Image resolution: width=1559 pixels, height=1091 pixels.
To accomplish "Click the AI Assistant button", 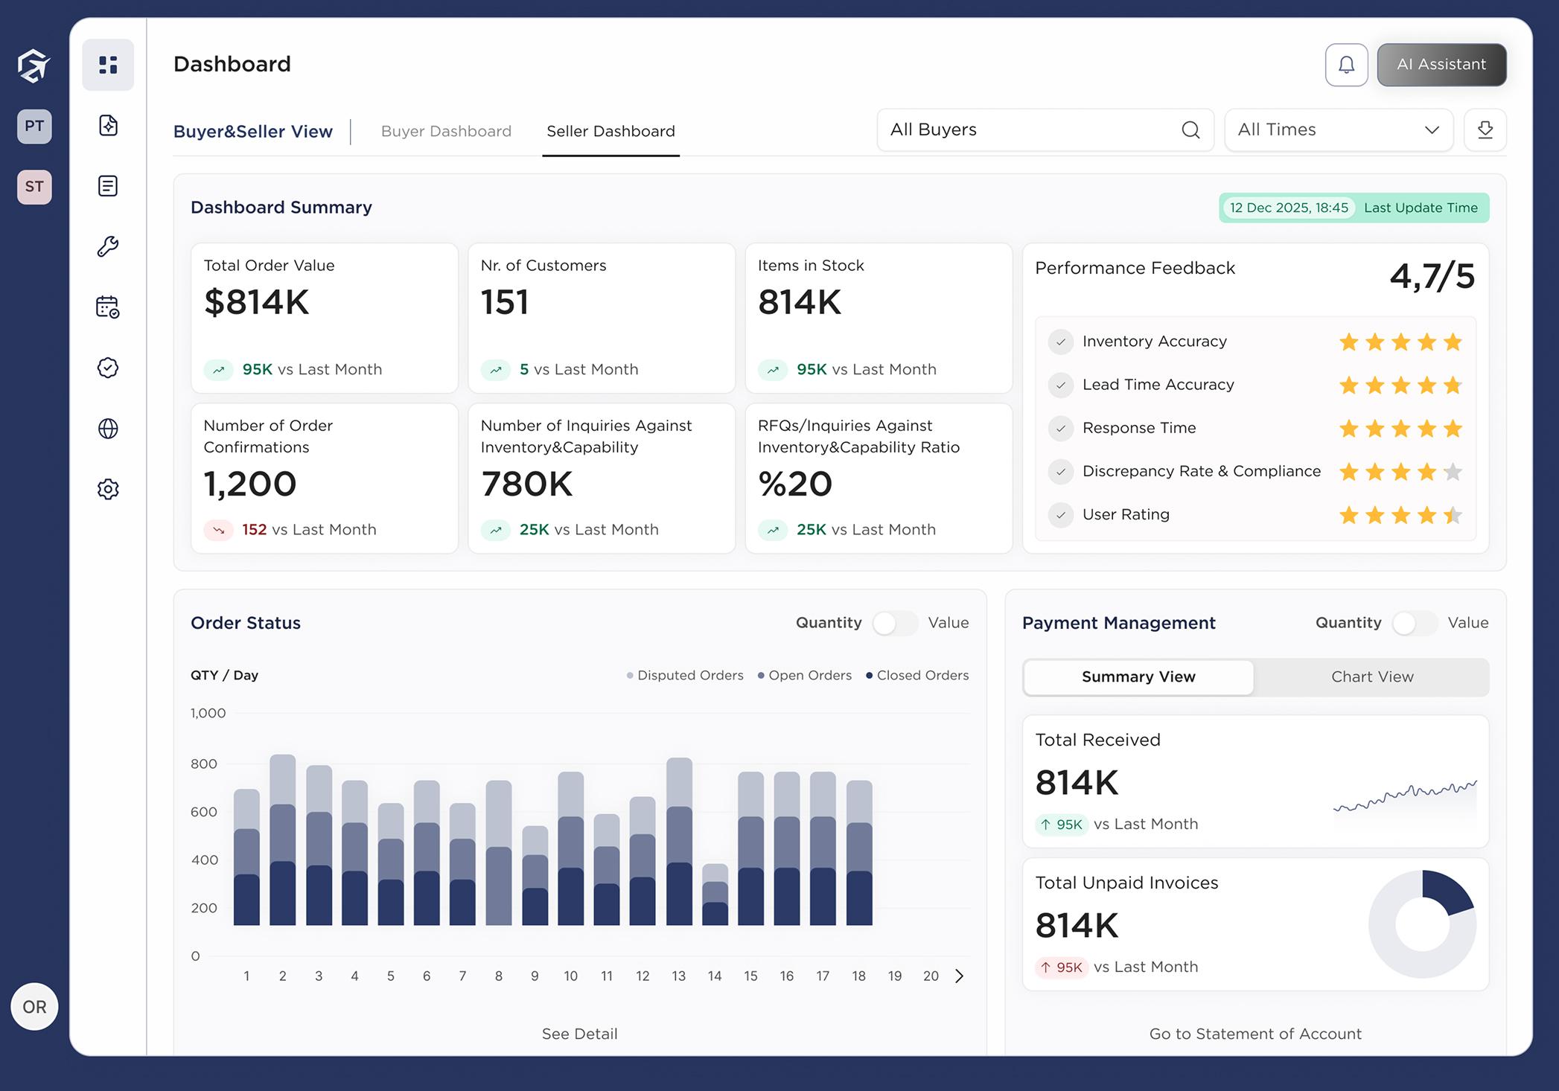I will click(x=1441, y=65).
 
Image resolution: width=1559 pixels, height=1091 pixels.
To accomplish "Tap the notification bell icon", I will click(x=1346, y=65).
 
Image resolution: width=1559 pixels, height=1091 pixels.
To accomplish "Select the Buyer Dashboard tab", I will click(x=446, y=131).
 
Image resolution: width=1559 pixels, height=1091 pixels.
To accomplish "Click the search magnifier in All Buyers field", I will click(x=1190, y=130).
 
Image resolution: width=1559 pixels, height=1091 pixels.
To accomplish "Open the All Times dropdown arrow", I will click(x=1431, y=130).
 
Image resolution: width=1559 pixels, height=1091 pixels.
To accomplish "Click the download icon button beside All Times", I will click(x=1485, y=130).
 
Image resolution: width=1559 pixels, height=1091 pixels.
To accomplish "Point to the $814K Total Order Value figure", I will click(x=256, y=302).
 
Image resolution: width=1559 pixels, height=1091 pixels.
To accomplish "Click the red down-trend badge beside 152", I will click(x=219, y=530).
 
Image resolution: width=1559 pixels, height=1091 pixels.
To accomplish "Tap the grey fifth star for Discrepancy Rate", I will click(x=1453, y=472).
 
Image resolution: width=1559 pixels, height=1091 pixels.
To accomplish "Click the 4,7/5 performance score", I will click(x=1432, y=276).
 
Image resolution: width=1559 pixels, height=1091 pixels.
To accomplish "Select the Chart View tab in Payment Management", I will click(x=1371, y=676).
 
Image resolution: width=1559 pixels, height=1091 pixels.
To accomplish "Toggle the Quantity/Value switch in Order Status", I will click(x=895, y=623).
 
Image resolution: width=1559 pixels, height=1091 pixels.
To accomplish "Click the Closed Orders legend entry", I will click(x=917, y=675).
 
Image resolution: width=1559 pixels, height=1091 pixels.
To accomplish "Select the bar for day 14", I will click(x=715, y=895).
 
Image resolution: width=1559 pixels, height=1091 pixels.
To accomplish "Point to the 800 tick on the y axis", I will click(x=203, y=764).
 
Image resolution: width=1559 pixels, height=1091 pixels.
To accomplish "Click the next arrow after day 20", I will click(x=959, y=976).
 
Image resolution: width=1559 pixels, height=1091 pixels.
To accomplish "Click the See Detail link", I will click(x=579, y=1034).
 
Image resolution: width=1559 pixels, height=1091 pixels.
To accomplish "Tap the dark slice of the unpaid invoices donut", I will click(x=1446, y=892).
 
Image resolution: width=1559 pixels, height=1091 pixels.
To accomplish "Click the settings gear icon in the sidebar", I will click(x=108, y=489).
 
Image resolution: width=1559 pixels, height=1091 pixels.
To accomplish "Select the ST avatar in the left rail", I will click(x=34, y=186).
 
